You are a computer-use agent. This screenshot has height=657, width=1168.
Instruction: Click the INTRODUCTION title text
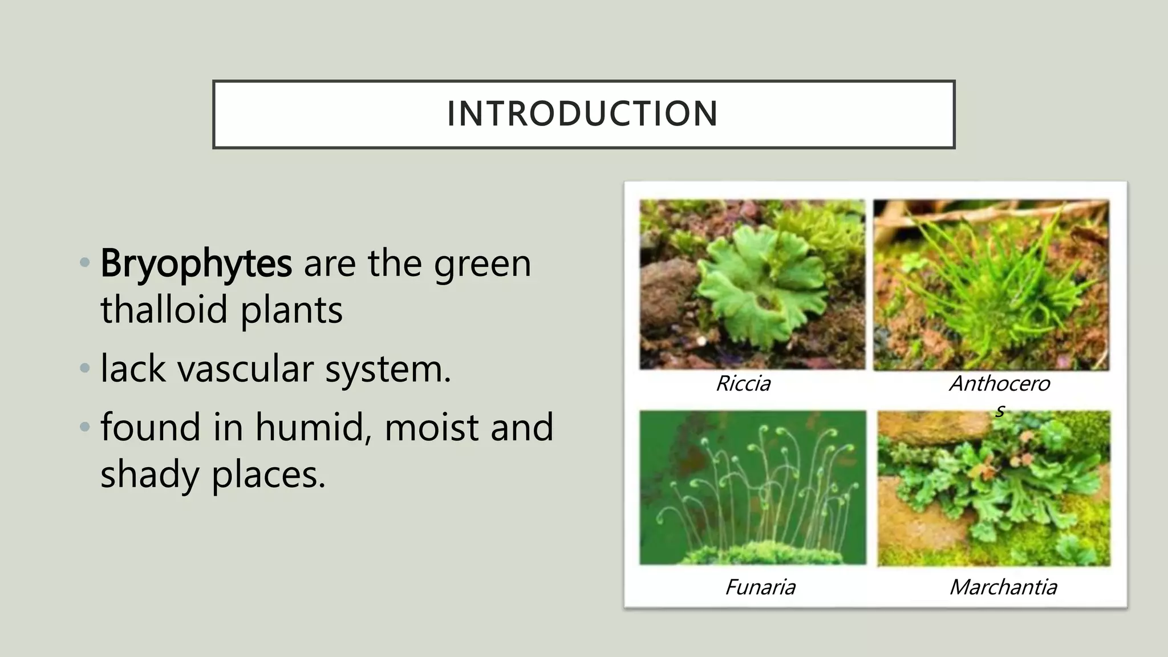pos(582,113)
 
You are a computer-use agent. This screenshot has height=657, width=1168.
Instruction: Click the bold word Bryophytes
pos(196,263)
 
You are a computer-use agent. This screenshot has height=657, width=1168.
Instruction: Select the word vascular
pos(245,368)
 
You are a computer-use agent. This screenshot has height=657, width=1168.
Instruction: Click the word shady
pos(150,474)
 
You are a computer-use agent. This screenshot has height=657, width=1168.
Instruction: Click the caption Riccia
pos(743,384)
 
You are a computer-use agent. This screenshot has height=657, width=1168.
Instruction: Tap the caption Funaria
pos(760,587)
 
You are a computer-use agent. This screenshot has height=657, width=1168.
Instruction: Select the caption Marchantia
pos(1003,587)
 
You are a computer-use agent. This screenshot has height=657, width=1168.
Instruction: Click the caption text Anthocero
pos(999,384)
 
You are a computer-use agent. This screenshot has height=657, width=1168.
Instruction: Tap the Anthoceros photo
pos(991,285)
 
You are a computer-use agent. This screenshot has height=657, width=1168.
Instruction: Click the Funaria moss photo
pos(752,488)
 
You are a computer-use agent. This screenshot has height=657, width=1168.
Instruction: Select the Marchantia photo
pos(993,489)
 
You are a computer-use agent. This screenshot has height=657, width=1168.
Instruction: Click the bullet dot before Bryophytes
pos(85,263)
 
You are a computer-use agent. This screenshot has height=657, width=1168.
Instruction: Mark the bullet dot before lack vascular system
pos(85,368)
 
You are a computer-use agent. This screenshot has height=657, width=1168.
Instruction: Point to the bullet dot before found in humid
pos(85,427)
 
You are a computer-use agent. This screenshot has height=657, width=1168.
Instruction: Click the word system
pos(388,368)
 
